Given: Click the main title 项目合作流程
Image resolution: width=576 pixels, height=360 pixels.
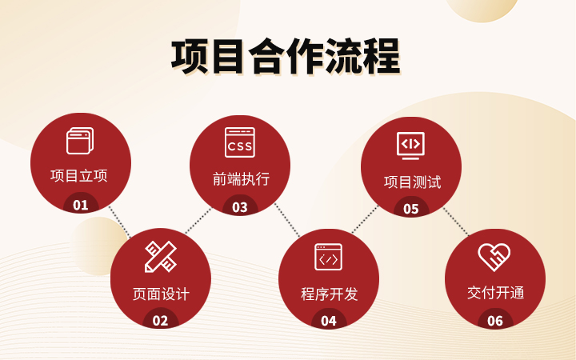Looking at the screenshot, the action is [x=286, y=57].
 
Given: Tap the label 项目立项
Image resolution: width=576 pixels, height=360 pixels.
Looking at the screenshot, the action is [x=79, y=175].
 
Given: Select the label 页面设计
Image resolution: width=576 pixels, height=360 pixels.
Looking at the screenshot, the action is [x=161, y=294].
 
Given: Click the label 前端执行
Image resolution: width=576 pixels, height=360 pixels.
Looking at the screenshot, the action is [x=241, y=179].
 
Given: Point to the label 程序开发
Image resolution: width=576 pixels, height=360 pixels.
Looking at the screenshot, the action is [x=329, y=294].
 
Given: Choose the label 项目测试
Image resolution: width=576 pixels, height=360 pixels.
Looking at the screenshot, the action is [x=412, y=182].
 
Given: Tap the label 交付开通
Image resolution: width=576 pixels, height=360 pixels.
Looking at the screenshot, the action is [x=495, y=293].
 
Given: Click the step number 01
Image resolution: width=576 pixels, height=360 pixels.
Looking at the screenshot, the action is [x=81, y=205].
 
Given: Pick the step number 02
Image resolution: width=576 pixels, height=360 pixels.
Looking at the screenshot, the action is [x=160, y=321].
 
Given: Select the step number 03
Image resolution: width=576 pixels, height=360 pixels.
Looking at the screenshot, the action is [x=240, y=207].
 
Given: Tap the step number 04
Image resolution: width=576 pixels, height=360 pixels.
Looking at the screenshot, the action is [x=329, y=321].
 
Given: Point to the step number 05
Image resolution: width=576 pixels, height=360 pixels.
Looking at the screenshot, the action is [x=411, y=209].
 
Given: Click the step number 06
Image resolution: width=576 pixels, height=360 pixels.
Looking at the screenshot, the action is [x=495, y=321].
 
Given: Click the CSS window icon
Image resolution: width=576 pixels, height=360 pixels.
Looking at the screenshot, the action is [x=240, y=142].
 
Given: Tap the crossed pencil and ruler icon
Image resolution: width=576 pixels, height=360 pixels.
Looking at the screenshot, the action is [x=161, y=257].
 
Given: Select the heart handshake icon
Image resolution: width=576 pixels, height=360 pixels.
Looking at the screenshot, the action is [x=494, y=257].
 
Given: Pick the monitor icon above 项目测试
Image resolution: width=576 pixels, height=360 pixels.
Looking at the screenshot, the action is [x=410, y=146].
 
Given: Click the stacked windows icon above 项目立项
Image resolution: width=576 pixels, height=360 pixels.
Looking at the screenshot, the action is [x=80, y=141].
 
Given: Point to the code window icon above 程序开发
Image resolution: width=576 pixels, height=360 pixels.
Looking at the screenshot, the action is [x=329, y=257].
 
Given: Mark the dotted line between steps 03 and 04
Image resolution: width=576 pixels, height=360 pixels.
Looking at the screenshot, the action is [x=288, y=220].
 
